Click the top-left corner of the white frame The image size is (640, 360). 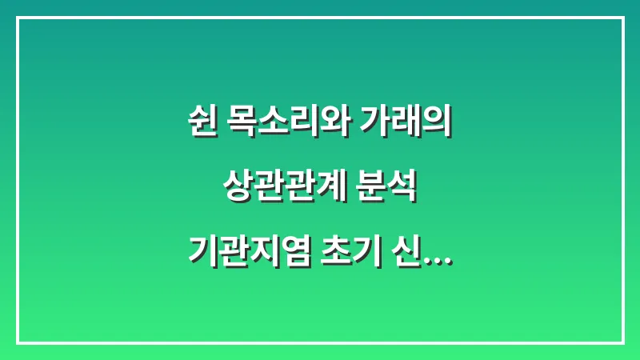coord(18,18)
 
